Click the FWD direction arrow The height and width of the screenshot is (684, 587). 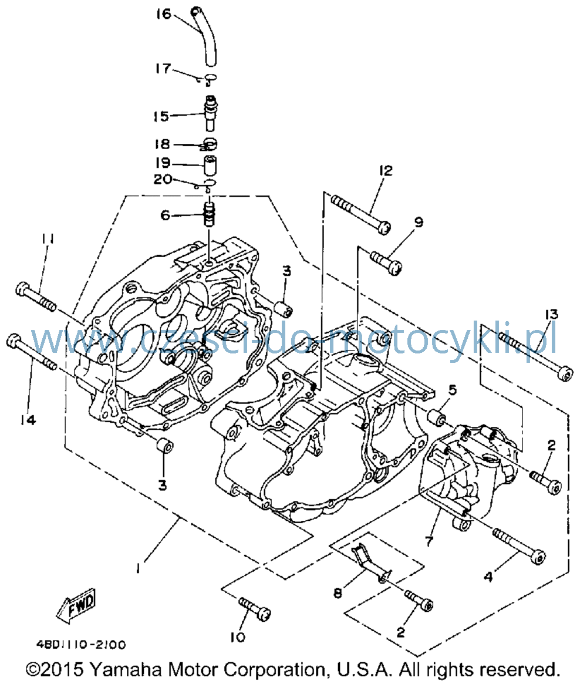click(76, 606)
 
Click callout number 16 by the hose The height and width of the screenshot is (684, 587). click(164, 14)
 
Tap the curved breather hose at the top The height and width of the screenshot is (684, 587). click(204, 36)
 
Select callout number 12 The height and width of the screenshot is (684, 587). click(386, 171)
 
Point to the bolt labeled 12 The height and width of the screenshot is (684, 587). click(360, 214)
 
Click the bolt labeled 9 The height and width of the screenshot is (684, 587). click(386, 262)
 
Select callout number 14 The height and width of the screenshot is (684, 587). click(28, 420)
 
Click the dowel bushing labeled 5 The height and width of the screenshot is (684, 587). click(436, 417)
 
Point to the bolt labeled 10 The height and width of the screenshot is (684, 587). click(255, 608)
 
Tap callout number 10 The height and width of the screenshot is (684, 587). click(238, 638)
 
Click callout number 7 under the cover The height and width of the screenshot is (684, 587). click(430, 541)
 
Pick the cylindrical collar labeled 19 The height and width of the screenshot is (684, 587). click(210, 165)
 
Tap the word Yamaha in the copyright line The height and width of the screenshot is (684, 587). click(126, 669)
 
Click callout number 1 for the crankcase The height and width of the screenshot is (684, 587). click(139, 568)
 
